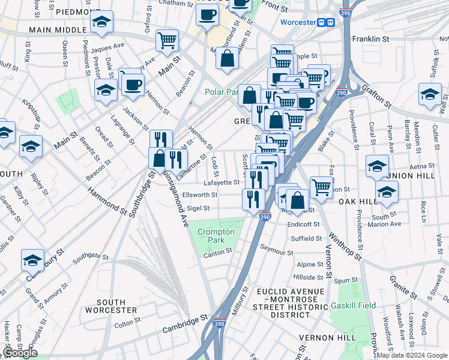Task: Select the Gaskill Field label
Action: coord(353,305)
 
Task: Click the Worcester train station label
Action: coord(298,22)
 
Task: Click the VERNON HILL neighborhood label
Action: coord(328,338)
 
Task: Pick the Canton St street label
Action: coord(217,252)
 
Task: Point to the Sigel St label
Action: coord(198,208)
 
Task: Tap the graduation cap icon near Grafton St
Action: coord(430,94)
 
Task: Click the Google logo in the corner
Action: coord(20,353)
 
